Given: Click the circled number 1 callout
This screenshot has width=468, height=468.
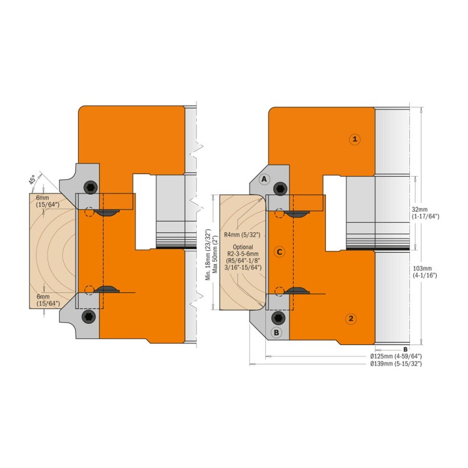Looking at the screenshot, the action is coord(354,139).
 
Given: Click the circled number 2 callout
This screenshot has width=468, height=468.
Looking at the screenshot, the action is coord(351,318).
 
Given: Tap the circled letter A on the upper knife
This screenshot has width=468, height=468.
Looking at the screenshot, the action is coord(264,179).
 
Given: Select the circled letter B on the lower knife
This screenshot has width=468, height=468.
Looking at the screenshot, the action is coord(276,332).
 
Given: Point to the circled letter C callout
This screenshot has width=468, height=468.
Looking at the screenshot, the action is coord(280,252).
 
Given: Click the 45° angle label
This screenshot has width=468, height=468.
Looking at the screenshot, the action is coord(32,180).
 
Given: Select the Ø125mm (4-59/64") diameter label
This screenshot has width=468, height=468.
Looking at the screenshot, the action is coord(396,356).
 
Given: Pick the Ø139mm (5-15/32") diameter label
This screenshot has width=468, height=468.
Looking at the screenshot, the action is coord(396,364).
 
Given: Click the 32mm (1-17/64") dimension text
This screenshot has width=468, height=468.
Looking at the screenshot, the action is coord(426,213).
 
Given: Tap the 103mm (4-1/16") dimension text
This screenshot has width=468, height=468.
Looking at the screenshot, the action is coord(425,272).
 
